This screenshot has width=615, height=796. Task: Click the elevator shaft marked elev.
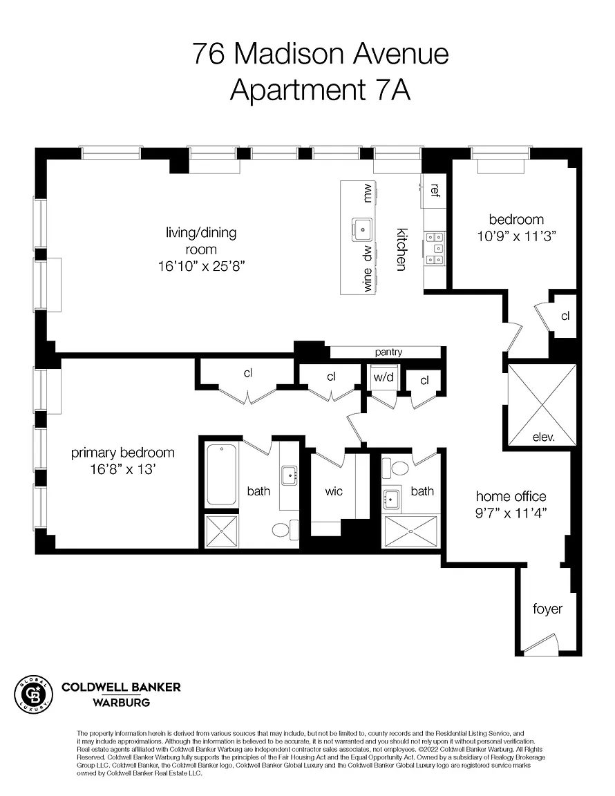(542, 405)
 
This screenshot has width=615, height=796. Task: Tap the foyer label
(547, 609)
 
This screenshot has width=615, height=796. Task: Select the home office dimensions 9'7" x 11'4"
(511, 513)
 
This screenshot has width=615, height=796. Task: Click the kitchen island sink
(362, 230)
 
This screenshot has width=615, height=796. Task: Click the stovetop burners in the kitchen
(435, 248)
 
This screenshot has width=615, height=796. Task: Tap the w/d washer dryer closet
(384, 377)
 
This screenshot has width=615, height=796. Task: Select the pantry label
(388, 352)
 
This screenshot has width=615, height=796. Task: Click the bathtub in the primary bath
(222, 475)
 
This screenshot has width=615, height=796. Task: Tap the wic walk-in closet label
(334, 491)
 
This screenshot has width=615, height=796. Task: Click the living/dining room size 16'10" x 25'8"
(202, 266)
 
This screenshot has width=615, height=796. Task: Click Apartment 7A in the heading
(320, 90)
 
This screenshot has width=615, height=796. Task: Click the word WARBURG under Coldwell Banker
(122, 703)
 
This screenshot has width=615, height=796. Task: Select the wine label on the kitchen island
(367, 280)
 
